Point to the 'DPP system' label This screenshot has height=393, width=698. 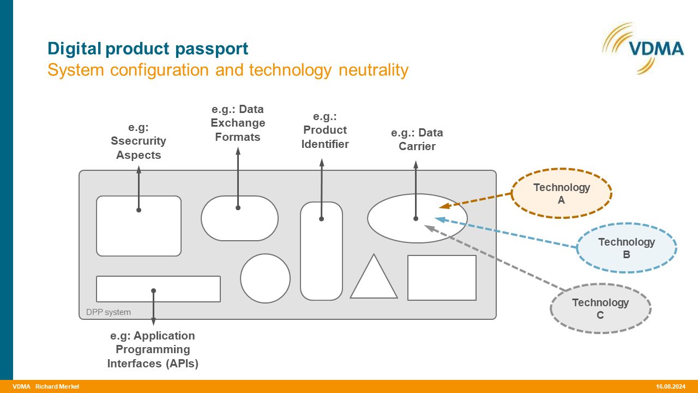[x=108, y=312]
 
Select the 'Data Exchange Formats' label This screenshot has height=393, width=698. [x=238, y=123]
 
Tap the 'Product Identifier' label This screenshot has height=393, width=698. [x=325, y=130]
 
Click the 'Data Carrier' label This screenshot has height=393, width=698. [x=417, y=139]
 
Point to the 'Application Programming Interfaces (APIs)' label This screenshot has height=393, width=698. [x=153, y=350]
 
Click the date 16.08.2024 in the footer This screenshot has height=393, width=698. [x=671, y=386]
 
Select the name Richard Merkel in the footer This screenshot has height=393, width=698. [x=57, y=386]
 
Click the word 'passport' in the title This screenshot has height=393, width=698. [x=212, y=49]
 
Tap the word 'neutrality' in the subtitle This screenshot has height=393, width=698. [x=374, y=69]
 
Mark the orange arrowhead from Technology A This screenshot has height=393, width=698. [x=444, y=206]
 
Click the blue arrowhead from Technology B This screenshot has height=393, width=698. [x=440, y=219]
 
